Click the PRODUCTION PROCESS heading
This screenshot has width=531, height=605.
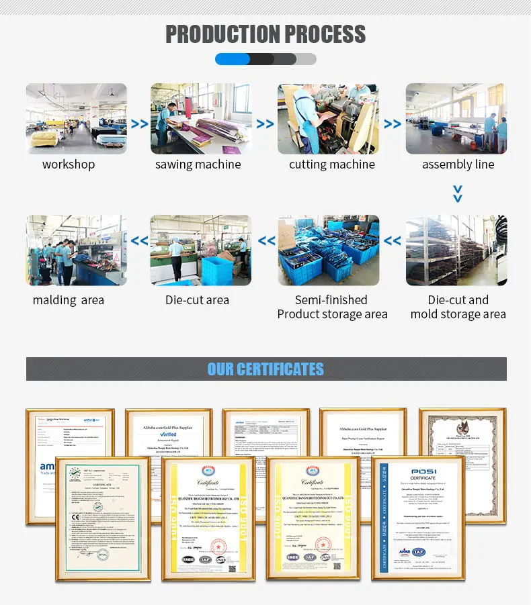pos(265,34)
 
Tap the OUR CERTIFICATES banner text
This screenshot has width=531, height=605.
pos(265,369)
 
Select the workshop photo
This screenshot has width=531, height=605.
pos(76,119)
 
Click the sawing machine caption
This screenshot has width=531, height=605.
pos(198,165)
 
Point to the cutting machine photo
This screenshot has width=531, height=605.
pos(328,119)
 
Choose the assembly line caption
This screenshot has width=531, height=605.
pos(458,165)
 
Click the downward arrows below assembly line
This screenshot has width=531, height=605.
pos(457,194)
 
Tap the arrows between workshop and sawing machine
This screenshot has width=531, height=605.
pos(139,124)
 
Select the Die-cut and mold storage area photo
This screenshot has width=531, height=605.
pos(456,250)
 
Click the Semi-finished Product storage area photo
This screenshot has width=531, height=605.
pos(328,250)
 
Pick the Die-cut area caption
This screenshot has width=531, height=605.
pos(198,300)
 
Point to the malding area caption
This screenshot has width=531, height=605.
pos(69,300)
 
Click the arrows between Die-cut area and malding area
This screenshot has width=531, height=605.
pos(139,241)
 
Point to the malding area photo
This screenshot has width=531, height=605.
pos(76,250)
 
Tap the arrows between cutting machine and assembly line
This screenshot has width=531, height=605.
pos(393,124)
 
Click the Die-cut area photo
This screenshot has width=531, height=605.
pos(200,250)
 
